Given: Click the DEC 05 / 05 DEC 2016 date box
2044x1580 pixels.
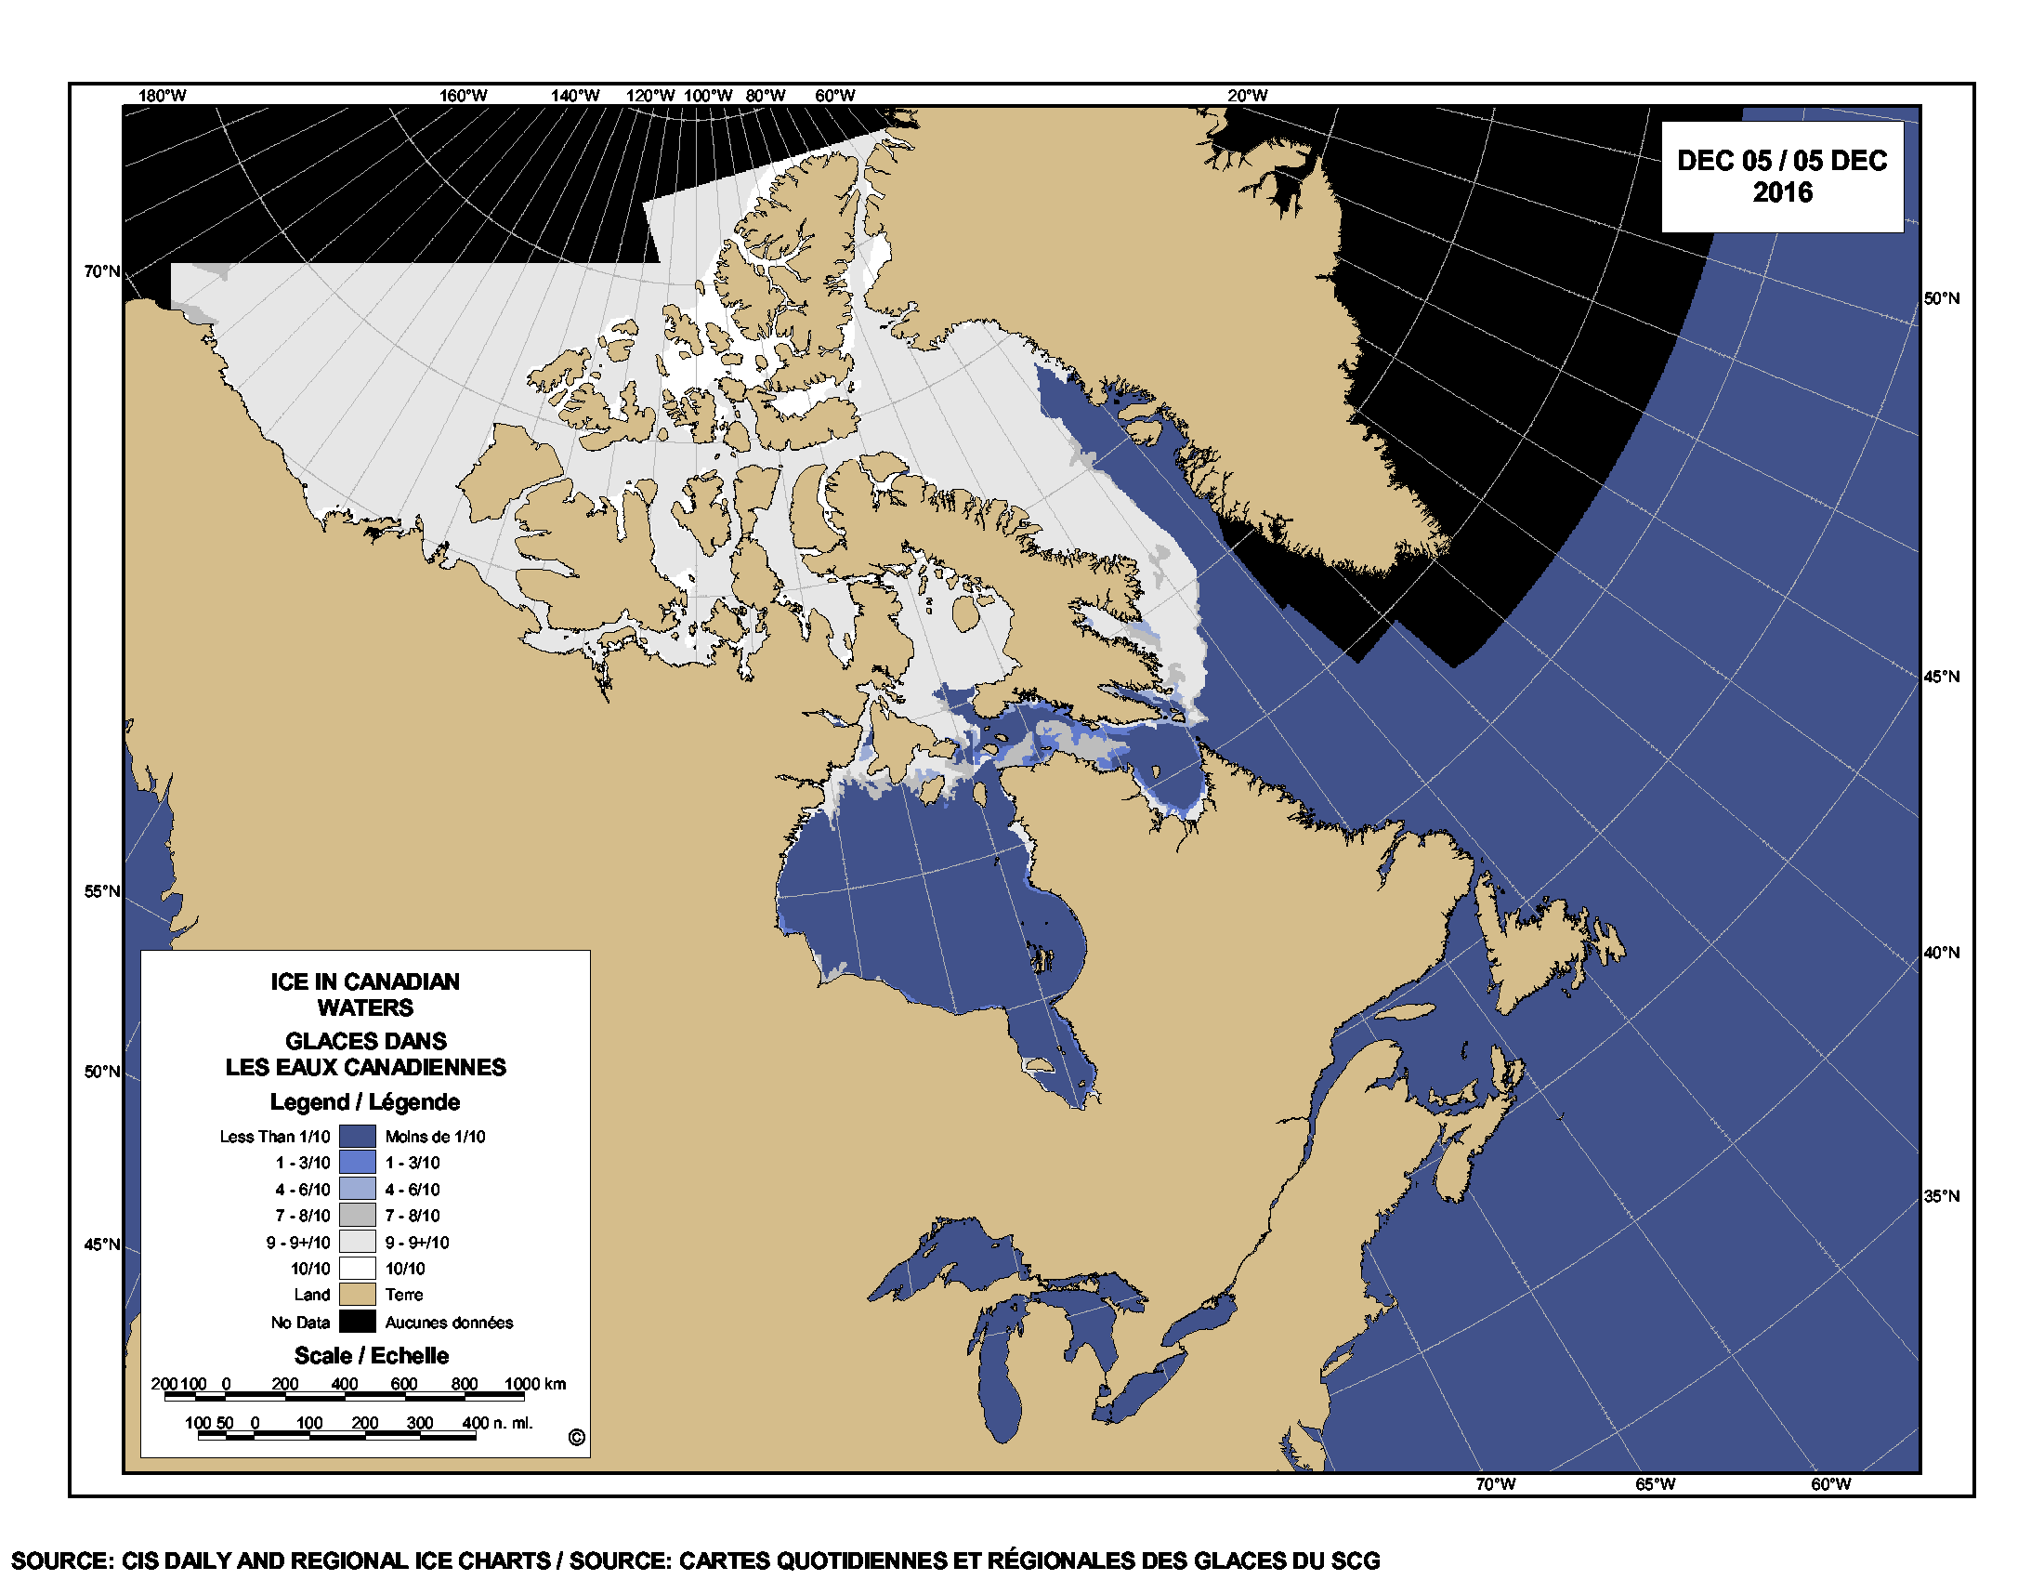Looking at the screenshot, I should click(x=1781, y=176).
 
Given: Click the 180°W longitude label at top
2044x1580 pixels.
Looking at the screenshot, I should click(x=162, y=96).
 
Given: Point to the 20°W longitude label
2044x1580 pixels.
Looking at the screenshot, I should click(x=1248, y=96).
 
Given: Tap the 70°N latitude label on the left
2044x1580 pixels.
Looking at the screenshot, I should click(x=102, y=271).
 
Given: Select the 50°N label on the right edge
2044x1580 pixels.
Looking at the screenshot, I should click(x=1941, y=298).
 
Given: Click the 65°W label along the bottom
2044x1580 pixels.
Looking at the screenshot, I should click(x=1655, y=1483).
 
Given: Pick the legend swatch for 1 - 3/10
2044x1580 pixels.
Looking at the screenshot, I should click(x=357, y=1163).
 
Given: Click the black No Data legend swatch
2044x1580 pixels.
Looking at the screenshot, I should click(x=357, y=1322).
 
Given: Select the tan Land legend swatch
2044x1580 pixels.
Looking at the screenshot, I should click(x=357, y=1295).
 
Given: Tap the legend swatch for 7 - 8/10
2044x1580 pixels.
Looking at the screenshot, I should click(x=357, y=1215).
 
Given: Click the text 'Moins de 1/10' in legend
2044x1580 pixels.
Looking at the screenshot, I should click(x=435, y=1137).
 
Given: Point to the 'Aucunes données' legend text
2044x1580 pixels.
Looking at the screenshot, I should click(x=450, y=1323).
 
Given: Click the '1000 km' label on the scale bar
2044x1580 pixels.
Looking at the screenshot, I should click(x=535, y=1384).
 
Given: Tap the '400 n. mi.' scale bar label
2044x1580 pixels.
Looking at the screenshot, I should click(x=497, y=1423).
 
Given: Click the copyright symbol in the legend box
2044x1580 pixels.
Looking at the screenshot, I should click(x=577, y=1438).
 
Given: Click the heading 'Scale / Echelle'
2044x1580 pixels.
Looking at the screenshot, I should click(x=372, y=1355).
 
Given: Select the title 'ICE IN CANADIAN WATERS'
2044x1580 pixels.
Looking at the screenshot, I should click(x=365, y=994).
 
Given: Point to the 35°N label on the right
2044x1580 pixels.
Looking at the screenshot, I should click(x=1941, y=1196).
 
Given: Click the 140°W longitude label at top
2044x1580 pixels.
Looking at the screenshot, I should click(x=574, y=96).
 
